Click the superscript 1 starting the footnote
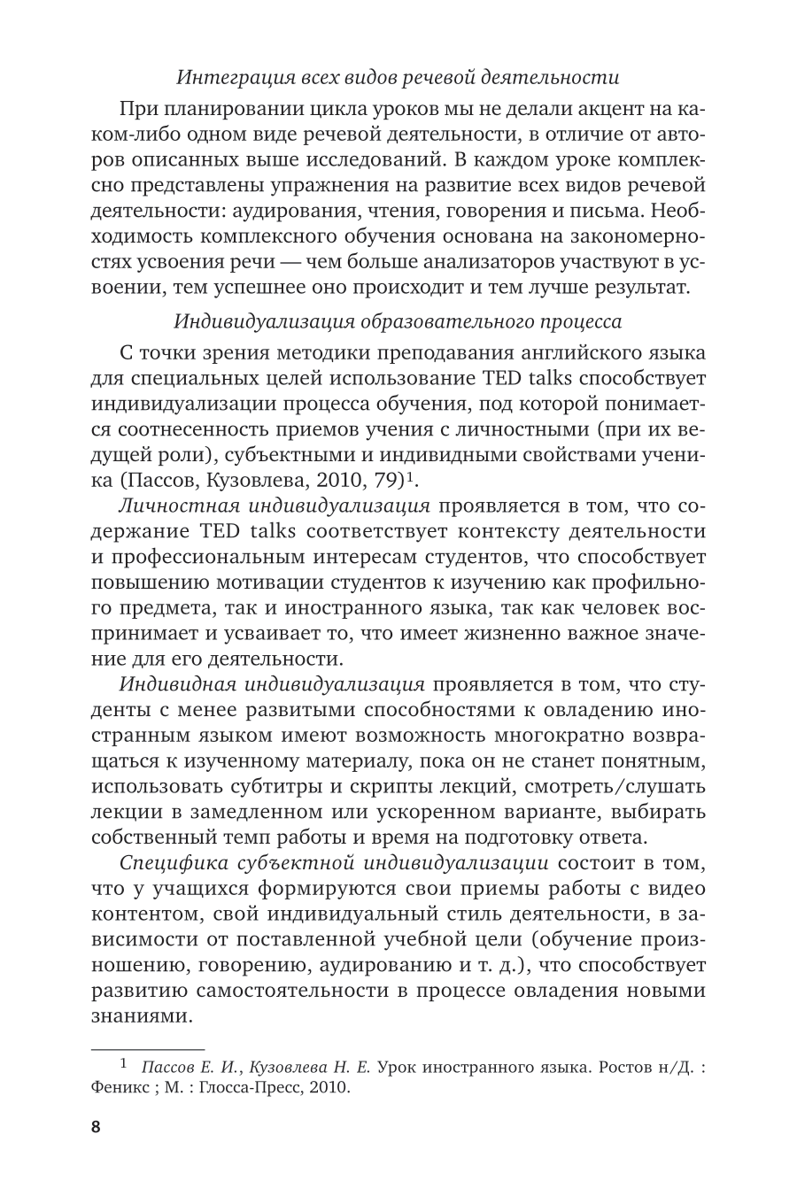(x=124, y=1061)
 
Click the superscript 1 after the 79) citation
(x=412, y=478)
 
